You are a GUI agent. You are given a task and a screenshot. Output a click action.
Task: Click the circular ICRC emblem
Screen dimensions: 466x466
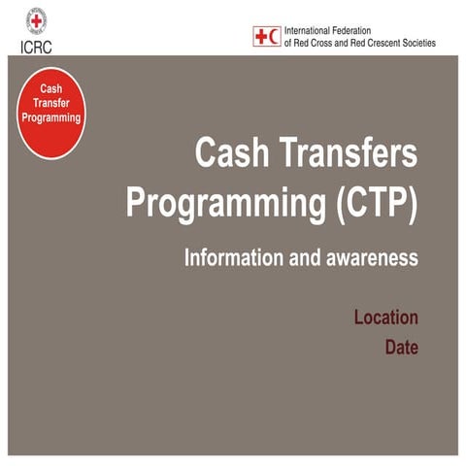[36, 18]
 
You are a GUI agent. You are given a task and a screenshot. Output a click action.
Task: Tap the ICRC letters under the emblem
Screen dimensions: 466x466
[36, 45]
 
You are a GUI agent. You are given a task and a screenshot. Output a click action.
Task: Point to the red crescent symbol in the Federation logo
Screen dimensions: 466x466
[275, 37]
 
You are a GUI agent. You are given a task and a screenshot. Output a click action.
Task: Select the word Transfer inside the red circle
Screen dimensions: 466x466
[51, 103]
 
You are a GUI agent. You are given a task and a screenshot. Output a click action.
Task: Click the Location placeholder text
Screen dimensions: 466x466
[385, 317]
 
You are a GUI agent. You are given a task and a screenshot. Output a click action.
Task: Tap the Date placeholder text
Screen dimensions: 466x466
[401, 346]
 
